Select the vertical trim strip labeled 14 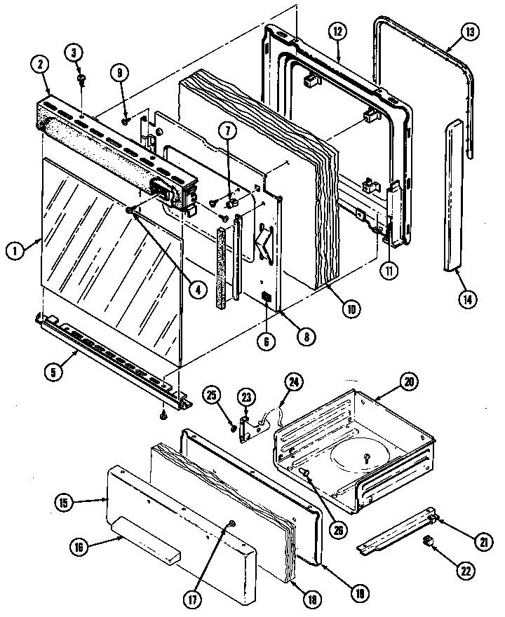point(454,196)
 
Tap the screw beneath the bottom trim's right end point(163,416)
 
